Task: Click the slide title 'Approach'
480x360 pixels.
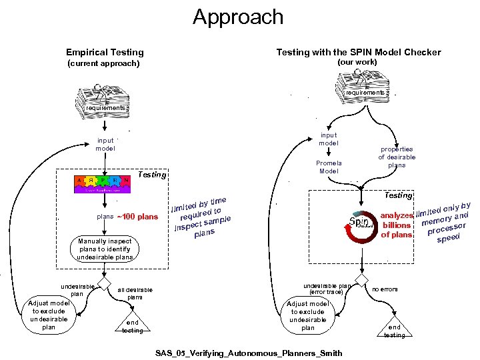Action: click(x=238, y=17)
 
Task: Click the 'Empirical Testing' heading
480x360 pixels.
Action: click(x=105, y=52)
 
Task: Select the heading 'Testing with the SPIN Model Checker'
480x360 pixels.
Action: click(x=358, y=52)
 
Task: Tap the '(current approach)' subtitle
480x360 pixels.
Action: click(x=104, y=64)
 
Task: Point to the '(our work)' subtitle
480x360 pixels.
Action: click(x=357, y=62)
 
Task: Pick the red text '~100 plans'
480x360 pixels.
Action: click(x=138, y=217)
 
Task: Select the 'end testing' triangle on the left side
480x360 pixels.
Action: click(x=132, y=325)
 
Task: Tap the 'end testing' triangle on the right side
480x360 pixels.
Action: click(x=395, y=328)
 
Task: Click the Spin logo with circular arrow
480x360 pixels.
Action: click(x=360, y=224)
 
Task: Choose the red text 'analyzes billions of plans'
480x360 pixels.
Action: click(x=397, y=225)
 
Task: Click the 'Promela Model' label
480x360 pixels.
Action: click(x=329, y=167)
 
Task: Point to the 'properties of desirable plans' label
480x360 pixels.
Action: click(x=397, y=157)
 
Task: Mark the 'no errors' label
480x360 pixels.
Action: click(x=385, y=289)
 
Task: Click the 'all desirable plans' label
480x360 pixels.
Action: click(x=135, y=293)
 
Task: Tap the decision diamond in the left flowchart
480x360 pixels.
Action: click(x=103, y=280)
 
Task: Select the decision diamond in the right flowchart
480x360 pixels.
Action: click(x=361, y=279)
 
